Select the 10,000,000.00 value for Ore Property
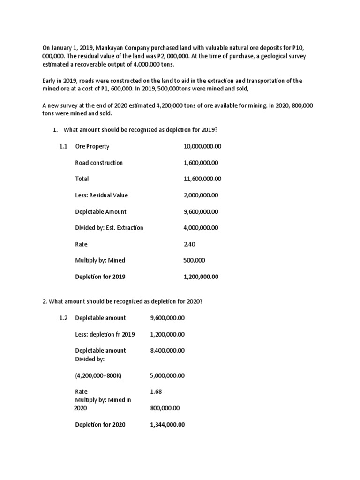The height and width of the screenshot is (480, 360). pos(202,146)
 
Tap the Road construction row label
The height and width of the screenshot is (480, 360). pos(99,163)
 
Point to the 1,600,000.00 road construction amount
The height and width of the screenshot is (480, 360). pos(201,163)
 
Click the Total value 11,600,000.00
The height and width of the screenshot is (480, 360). pos(202,179)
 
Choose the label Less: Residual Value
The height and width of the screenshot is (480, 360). pos(101,195)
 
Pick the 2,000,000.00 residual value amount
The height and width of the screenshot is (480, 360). pos(201,195)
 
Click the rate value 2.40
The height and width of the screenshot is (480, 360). pos(188,244)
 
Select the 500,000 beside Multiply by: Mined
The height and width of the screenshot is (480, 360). pos(194,260)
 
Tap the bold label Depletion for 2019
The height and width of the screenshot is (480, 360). pos(100,277)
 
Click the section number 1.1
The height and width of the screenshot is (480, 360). pos(64,146)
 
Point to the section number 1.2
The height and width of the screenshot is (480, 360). pos(64,318)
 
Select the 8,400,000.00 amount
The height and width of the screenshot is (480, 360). pos(167,350)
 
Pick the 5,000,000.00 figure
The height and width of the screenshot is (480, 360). pos(167,375)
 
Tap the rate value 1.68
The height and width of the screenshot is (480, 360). pos(156,391)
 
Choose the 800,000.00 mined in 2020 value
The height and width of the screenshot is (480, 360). pos(165,408)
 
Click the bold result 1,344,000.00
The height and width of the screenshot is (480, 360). pos(167,425)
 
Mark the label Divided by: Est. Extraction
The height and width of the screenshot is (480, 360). pos(109,228)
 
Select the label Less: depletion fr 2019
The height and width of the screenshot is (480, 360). pos(105,334)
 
